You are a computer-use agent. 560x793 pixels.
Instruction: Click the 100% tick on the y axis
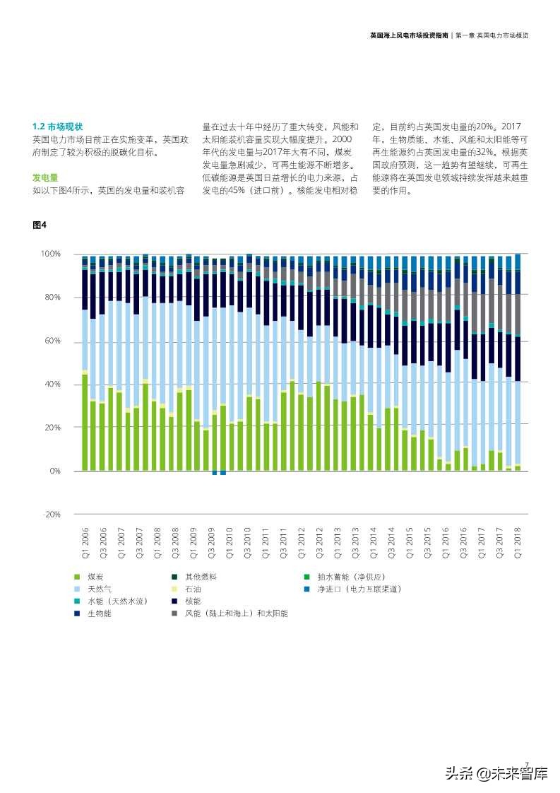point(50,254)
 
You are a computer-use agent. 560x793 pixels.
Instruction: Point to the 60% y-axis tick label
point(52,341)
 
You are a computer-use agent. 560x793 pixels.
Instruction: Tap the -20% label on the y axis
point(52,515)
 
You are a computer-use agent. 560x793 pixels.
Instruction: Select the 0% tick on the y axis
point(54,471)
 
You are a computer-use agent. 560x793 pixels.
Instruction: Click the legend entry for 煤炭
point(95,577)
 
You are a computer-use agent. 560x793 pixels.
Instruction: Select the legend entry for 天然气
point(99,589)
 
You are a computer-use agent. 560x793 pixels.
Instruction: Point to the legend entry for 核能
point(192,601)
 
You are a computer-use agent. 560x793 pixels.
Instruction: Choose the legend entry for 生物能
point(99,613)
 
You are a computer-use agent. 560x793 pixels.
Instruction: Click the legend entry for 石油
point(192,589)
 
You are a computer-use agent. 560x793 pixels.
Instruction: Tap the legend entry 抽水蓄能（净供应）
point(350,577)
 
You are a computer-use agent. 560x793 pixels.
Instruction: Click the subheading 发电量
point(44,177)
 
